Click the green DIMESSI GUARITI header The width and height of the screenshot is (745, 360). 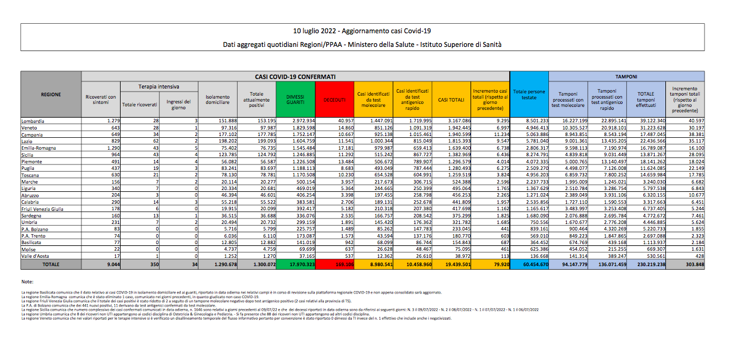(x=295, y=100)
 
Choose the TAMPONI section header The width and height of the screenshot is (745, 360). (x=627, y=77)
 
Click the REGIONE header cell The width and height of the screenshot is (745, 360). (x=50, y=94)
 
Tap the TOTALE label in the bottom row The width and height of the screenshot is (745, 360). (x=50, y=263)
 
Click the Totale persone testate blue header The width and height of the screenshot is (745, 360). (x=529, y=95)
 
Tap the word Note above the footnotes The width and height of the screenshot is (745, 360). (x=27, y=281)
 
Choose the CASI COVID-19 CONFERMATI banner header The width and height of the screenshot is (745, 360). (x=295, y=77)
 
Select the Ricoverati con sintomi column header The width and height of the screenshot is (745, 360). (x=100, y=100)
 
